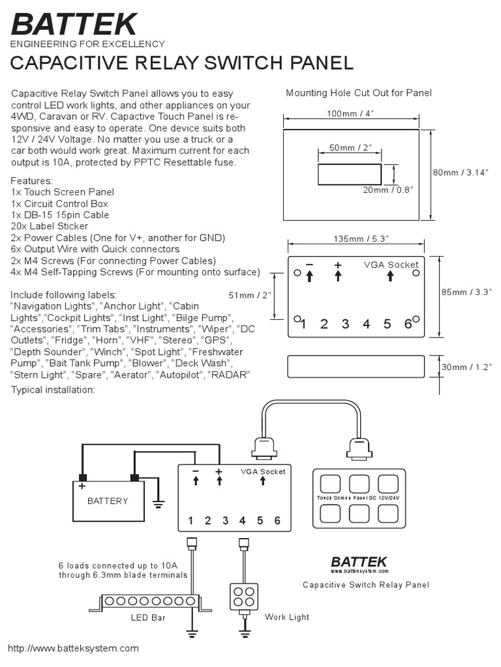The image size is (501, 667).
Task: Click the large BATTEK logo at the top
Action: tap(74, 24)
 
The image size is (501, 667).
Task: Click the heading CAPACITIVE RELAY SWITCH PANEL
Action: tap(183, 63)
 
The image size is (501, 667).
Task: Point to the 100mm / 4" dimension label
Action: tap(351, 114)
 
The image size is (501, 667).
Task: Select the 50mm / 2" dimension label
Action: tap(350, 148)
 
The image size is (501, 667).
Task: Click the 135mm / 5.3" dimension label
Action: tap(356, 239)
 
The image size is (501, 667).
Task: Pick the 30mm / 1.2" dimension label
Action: tap(464, 367)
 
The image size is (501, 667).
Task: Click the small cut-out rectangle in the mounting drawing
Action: tap(349, 175)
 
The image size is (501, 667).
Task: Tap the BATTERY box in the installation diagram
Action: tap(108, 501)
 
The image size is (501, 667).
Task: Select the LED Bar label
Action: tap(148, 617)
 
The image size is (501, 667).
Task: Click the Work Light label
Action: tap(286, 617)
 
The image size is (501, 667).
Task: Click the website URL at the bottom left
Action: tap(73, 649)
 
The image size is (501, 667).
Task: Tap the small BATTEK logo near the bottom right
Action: tap(359, 561)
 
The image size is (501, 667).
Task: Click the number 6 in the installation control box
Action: tap(277, 520)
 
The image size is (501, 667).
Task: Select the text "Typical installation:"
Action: tap(53, 390)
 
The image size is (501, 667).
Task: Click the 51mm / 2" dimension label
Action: tap(250, 295)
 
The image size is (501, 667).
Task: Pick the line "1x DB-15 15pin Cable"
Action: tap(60, 215)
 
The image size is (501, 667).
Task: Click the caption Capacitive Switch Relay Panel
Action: tap(366, 584)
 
